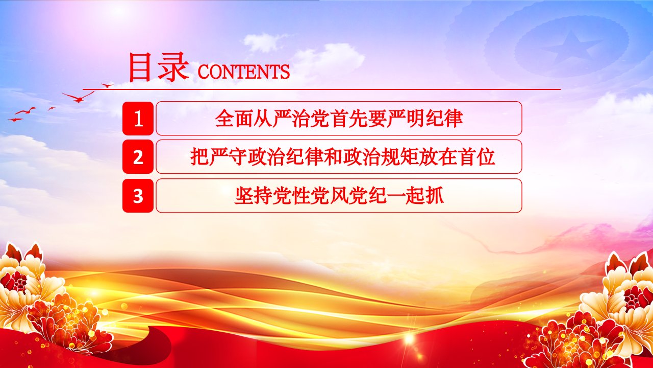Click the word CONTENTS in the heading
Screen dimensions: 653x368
pyautogui.click(x=244, y=72)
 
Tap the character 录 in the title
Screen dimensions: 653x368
pyautogui.click(x=173, y=67)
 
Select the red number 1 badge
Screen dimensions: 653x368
pyautogui.click(x=138, y=118)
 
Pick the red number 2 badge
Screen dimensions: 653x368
pyautogui.click(x=138, y=156)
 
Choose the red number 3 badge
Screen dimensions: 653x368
pyautogui.click(x=138, y=195)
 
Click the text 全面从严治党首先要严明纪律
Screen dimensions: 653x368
pyautogui.click(x=339, y=118)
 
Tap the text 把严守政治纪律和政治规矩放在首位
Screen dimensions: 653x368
pyautogui.click(x=342, y=156)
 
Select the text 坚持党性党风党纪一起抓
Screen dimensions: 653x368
pyautogui.click(x=339, y=195)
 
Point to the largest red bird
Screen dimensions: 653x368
pyautogui.click(x=78, y=97)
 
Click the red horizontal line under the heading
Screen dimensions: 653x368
pyautogui.click(x=321, y=89)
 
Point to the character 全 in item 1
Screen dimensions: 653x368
pyautogui.click(x=225, y=118)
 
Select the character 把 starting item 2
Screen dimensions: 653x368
pyautogui.click(x=199, y=156)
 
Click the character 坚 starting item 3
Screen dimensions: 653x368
pyautogui.click(x=244, y=195)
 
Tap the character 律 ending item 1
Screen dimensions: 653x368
pyautogui.click(x=454, y=118)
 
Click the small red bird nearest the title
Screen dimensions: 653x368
pyautogui.click(x=107, y=85)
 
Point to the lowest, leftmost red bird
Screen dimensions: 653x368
pyautogui.click(x=15, y=120)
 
